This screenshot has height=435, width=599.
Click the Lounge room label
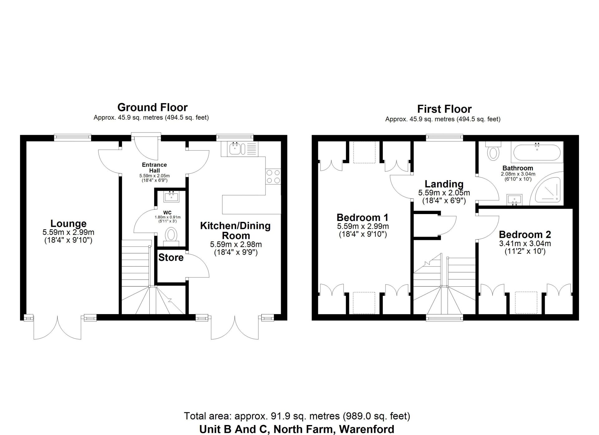[68, 223]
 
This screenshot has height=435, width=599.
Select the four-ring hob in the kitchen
[273, 176]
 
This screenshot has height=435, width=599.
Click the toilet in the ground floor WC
[171, 235]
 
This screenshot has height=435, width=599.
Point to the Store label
[171, 257]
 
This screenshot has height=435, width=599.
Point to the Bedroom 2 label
[525, 234]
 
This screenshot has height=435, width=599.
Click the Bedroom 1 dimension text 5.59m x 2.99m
[363, 227]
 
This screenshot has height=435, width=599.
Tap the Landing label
[444, 184]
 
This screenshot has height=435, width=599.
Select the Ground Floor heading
[152, 108]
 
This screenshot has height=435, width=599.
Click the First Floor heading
[444, 109]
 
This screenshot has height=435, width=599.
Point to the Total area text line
[297, 416]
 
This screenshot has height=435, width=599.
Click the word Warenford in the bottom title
[367, 429]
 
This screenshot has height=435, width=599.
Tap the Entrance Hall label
[154, 167]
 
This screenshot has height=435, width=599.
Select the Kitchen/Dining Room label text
[235, 230]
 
